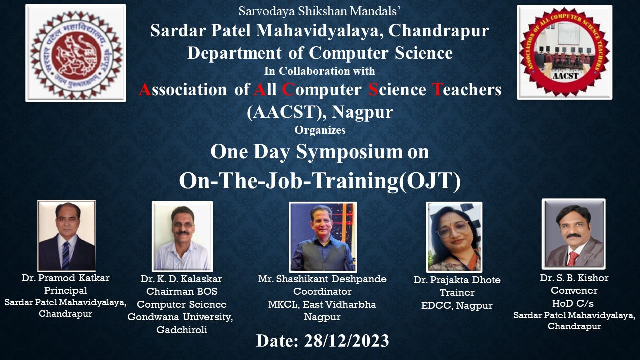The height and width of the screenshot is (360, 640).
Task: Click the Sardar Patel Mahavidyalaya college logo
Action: point(76,53)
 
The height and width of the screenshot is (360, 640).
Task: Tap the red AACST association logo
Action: point(564,52)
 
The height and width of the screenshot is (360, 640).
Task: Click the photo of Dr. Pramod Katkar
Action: point(66,235)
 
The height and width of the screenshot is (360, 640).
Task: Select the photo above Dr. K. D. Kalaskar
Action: point(182,236)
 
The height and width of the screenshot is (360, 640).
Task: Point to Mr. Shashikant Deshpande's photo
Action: point(323,237)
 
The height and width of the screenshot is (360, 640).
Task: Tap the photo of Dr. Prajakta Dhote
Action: point(454,237)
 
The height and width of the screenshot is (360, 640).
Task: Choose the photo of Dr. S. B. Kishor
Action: point(573,234)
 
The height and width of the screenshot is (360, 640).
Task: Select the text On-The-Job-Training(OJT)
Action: point(320,181)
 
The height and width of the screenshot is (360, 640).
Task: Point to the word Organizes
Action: point(320,130)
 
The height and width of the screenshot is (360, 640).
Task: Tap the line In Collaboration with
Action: point(320,71)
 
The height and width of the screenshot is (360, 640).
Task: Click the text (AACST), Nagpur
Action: point(320,112)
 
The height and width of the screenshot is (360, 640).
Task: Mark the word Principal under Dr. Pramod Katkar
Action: point(65,290)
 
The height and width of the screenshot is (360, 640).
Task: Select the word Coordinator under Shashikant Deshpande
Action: point(322,291)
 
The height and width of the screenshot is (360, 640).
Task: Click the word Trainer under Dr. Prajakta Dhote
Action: point(457,292)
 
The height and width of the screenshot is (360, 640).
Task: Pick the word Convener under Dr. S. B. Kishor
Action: point(574,290)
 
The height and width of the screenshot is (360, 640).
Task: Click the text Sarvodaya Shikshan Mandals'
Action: point(320,10)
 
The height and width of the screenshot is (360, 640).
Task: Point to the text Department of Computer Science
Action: point(320,52)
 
